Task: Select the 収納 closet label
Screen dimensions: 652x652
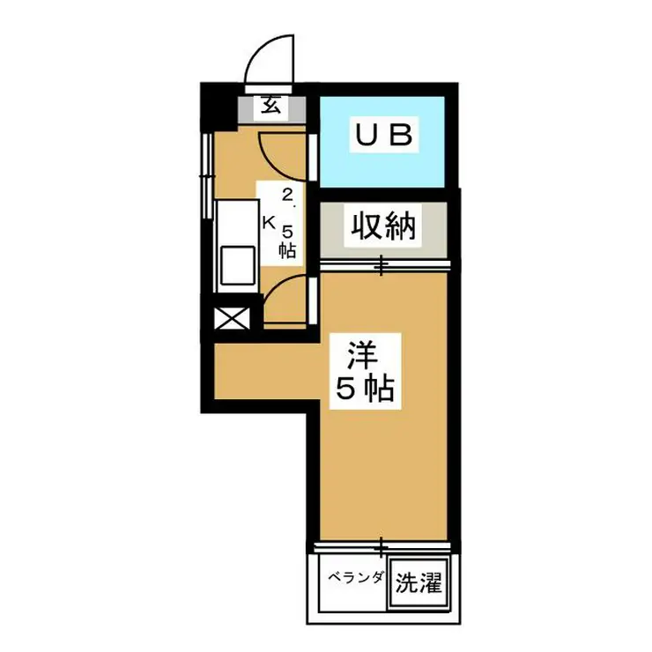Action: pyautogui.click(x=385, y=228)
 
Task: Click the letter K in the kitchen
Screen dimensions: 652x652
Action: pyautogui.click(x=268, y=222)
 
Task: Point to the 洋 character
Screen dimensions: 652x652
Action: pyautogui.click(x=361, y=354)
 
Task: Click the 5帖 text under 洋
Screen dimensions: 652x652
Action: pyautogui.click(x=361, y=388)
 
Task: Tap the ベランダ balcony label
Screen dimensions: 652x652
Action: pyautogui.click(x=356, y=579)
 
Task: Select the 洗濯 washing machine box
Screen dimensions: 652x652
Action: pyautogui.click(x=417, y=582)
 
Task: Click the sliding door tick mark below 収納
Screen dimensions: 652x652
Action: pyautogui.click(x=382, y=263)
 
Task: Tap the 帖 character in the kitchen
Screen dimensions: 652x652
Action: pyautogui.click(x=287, y=250)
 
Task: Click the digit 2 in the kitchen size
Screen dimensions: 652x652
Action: pyautogui.click(x=287, y=195)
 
